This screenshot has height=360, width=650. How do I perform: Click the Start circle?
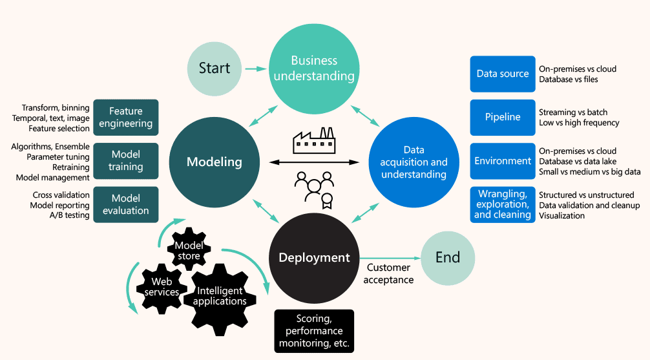(x=214, y=69)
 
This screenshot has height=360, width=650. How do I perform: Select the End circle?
(x=448, y=257)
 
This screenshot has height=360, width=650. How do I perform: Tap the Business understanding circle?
(x=314, y=69)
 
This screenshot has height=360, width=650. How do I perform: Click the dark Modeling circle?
(x=214, y=162)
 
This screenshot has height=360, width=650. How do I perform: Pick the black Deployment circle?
(x=314, y=257)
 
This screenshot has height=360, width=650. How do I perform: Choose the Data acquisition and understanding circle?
(x=414, y=162)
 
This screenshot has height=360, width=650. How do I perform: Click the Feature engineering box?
(x=126, y=118)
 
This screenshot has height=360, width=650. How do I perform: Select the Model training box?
(x=126, y=161)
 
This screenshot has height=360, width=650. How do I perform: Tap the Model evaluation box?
(x=126, y=204)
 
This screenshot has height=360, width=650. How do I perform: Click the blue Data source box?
(x=503, y=74)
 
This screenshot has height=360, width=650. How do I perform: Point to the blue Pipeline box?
(x=503, y=117)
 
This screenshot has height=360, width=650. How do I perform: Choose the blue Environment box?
(x=503, y=160)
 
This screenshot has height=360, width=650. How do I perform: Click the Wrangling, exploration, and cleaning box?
(x=503, y=204)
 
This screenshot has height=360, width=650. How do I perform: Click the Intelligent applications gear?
(x=222, y=296)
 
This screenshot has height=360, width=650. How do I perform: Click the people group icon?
(x=314, y=187)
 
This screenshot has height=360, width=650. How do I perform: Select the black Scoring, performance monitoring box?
(x=314, y=331)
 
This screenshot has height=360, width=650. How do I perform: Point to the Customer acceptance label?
(x=388, y=273)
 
